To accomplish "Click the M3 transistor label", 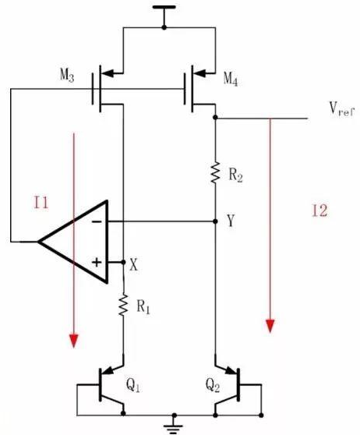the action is (x=67, y=75).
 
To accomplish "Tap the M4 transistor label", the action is (x=231, y=80).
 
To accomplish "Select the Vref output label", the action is (x=342, y=109).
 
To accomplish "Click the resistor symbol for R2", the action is (x=215, y=172).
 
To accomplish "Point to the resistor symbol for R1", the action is (x=123, y=305).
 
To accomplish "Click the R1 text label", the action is (x=143, y=307).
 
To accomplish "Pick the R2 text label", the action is (x=235, y=175).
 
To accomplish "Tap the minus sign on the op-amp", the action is (x=97, y=221).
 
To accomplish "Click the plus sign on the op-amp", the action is (x=97, y=262).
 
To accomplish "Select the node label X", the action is (x=134, y=265).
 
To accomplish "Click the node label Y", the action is (x=231, y=221).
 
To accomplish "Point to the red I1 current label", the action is (x=41, y=202).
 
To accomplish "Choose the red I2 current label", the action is (x=319, y=210).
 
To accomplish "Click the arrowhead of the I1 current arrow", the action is (x=74, y=341).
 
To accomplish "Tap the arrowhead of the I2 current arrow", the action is (x=270, y=326).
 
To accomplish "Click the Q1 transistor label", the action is (x=132, y=385).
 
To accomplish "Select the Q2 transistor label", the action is (x=213, y=385).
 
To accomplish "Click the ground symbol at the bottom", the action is (x=175, y=425).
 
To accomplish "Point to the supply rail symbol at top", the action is (x=164, y=12).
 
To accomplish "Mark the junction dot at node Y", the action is (x=215, y=221).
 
